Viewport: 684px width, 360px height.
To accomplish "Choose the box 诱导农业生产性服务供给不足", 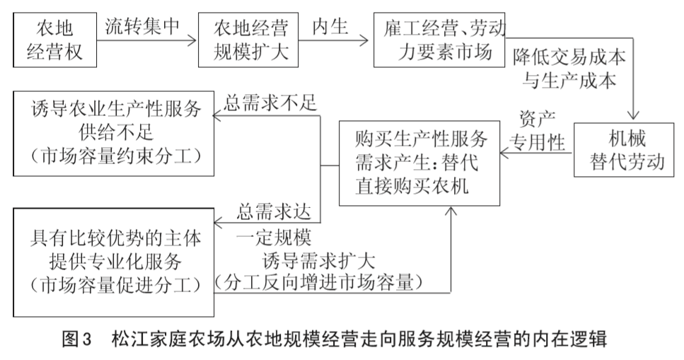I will (111, 132).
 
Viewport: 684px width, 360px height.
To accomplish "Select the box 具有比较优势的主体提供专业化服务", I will (111, 262).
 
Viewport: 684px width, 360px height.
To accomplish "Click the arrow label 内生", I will (330, 25).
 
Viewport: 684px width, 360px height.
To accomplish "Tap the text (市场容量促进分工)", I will (111, 286).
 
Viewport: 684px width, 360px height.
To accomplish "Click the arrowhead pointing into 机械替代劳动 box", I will (634, 119).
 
